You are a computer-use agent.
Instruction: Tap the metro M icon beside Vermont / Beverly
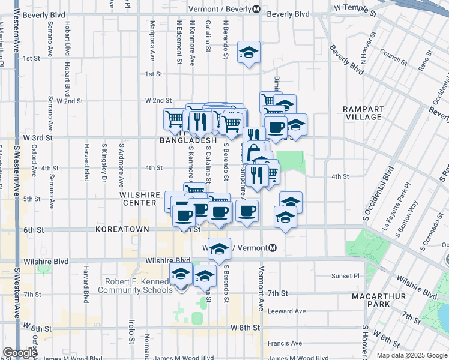[256, 10]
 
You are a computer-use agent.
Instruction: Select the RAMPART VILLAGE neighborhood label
[363, 113]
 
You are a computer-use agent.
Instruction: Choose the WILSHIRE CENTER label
[140, 199]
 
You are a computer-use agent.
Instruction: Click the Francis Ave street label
[285, 343]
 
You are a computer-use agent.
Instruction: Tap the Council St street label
[393, 58]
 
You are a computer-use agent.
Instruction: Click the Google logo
[19, 353]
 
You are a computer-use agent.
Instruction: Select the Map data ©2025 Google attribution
[412, 355]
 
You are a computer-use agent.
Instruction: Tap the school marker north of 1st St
[248, 52]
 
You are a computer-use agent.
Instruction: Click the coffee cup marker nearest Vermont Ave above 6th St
[247, 210]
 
